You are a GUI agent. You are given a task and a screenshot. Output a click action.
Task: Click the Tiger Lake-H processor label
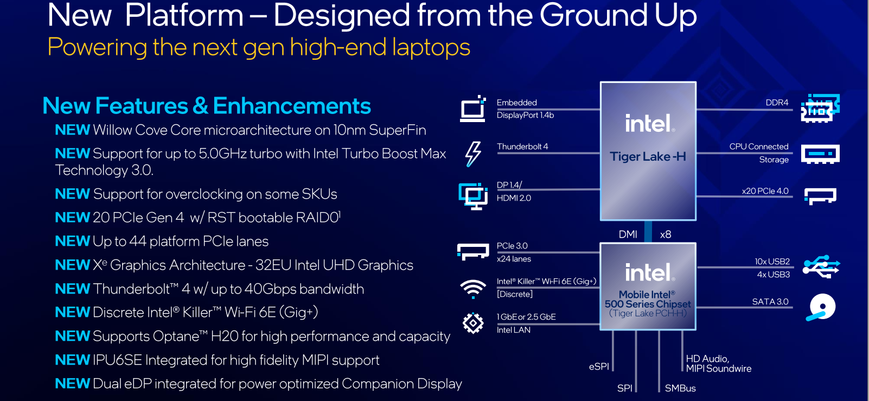648,156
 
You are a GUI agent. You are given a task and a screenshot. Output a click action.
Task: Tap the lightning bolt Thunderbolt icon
474,154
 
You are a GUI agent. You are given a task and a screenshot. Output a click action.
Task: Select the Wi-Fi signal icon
473,289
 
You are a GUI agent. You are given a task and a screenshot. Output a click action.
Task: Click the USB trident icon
821,266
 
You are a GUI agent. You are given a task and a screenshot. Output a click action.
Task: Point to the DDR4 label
777,103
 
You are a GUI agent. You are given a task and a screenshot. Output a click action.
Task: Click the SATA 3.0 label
770,302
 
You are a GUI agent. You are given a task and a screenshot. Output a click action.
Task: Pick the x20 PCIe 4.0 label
765,191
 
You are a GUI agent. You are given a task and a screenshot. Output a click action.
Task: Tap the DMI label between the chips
628,234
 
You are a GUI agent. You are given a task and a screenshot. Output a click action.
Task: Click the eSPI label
599,366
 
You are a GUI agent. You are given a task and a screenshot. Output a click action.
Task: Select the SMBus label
680,388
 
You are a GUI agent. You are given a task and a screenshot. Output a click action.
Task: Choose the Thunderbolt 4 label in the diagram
522,147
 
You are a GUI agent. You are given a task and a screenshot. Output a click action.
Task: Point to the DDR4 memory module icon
821,108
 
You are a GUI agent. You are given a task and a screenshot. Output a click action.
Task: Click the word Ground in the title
593,16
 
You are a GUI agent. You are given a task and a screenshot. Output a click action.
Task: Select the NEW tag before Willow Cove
73,130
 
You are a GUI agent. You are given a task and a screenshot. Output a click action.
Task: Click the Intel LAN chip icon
473,323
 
